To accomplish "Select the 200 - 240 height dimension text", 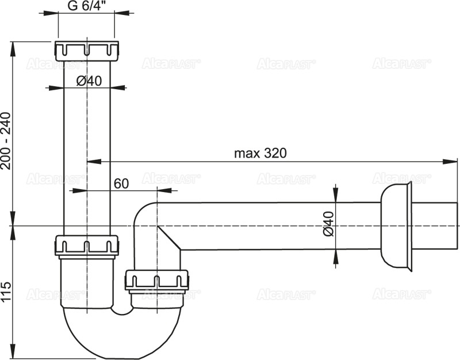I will click(x=6, y=141).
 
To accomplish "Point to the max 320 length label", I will click(x=260, y=154).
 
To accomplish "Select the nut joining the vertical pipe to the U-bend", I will click(x=87, y=246).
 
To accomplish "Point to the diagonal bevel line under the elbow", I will click(x=168, y=238).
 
